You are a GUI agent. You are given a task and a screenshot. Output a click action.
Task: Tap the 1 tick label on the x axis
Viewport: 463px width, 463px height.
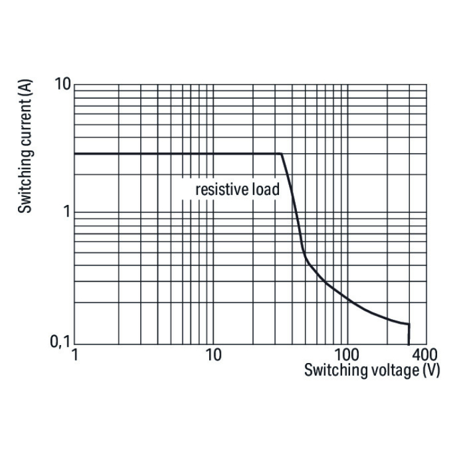tap(75, 356)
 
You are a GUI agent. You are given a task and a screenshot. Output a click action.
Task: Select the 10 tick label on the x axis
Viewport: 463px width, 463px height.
tap(213, 356)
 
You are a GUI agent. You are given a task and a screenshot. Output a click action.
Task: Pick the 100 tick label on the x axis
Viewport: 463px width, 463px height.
tap(347, 356)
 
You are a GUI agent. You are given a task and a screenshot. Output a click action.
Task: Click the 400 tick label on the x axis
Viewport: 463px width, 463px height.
tap(424, 356)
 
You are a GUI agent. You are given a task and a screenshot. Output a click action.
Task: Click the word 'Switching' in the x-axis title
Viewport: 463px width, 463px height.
tap(332, 370)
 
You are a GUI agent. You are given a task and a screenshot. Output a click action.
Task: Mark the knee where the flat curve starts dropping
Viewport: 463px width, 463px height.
tap(282, 154)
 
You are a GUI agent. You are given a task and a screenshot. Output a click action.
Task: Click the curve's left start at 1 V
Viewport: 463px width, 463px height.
tap(75, 154)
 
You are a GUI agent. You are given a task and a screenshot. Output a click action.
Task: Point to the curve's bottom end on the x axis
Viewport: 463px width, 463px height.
tap(409, 344)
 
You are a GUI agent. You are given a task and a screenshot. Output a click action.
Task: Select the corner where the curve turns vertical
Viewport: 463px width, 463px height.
tap(409, 324)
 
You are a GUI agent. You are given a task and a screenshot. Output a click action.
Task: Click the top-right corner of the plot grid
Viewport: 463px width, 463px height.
tap(426, 84)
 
